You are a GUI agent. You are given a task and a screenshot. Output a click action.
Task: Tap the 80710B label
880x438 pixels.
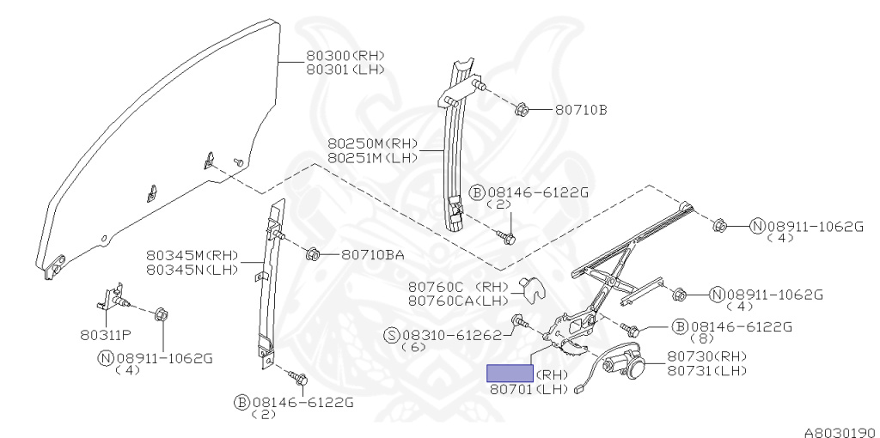581,110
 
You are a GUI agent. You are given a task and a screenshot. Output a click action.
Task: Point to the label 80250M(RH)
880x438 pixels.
371,143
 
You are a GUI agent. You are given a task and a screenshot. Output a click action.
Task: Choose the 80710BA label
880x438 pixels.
372,255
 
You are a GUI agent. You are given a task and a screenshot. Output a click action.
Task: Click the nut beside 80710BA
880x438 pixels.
313,254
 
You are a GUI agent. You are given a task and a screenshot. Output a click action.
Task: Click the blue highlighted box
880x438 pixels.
510,374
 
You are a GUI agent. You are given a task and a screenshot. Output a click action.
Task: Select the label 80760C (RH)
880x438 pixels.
459,286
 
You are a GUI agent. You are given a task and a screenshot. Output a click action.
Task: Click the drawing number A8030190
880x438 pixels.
840,432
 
